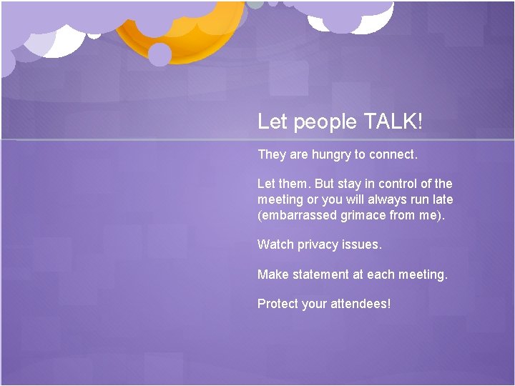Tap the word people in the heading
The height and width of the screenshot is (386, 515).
click(322, 122)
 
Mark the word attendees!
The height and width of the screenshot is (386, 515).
click(360, 304)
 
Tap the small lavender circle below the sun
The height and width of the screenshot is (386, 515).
click(160, 54)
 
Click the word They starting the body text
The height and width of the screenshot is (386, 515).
click(271, 154)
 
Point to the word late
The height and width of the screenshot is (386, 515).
click(441, 199)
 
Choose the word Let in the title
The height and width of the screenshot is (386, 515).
click(272, 122)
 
